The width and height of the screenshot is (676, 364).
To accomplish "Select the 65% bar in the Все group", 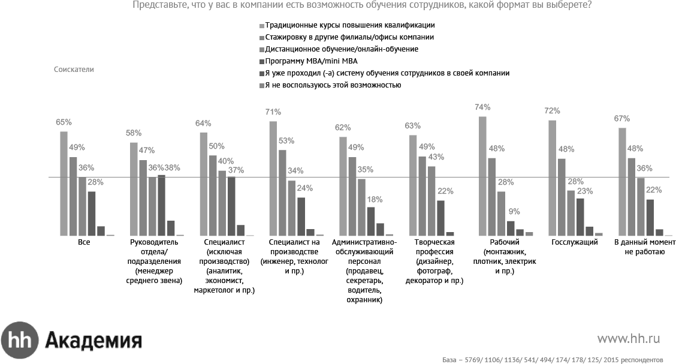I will pyautogui.click(x=64, y=183).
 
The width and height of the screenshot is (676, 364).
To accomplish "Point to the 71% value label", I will pyautogui.click(x=274, y=112).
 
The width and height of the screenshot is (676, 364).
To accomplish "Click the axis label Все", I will pyautogui.click(x=84, y=242).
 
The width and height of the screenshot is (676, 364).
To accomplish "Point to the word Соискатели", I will pyautogui.click(x=74, y=70).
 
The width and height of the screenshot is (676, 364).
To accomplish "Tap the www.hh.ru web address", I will pyautogui.click(x=628, y=339).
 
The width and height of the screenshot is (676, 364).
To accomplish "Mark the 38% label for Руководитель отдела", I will pyautogui.click(x=173, y=168).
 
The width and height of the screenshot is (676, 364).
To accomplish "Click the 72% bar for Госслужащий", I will pyautogui.click(x=553, y=178).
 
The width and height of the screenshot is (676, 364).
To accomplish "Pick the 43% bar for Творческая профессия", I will pyautogui.click(x=431, y=201).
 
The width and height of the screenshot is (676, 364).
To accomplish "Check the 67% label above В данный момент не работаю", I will pyautogui.click(x=621, y=119).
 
